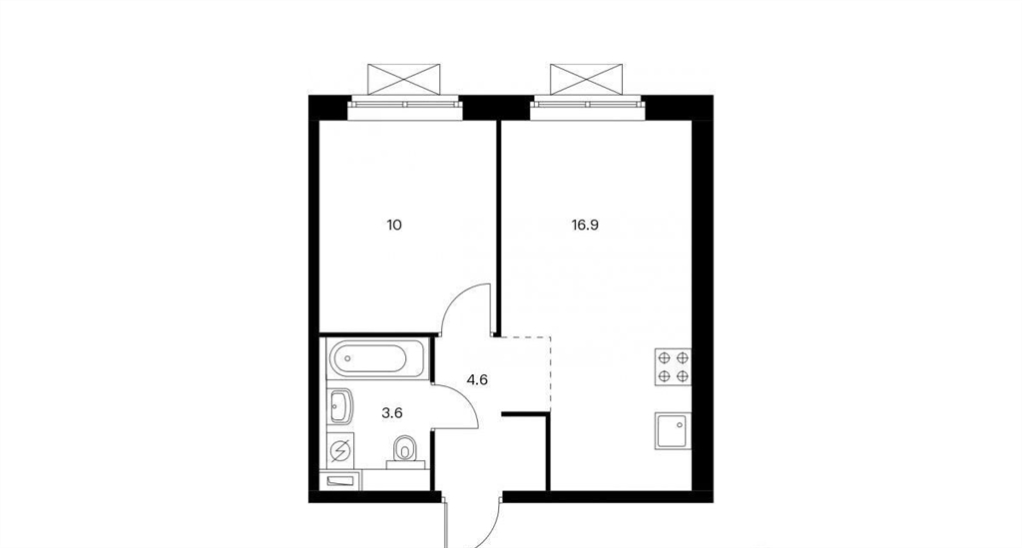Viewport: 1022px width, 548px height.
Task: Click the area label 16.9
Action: point(585,226)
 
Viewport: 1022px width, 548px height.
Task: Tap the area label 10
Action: point(394,226)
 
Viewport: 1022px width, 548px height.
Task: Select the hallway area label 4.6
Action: point(477,379)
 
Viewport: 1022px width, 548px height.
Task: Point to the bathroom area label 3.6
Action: point(391,412)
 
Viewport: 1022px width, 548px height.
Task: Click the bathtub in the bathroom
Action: point(377,358)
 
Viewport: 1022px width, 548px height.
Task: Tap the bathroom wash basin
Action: point(340,406)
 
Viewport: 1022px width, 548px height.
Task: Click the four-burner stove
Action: point(674,367)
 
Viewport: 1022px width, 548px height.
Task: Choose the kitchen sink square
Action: point(674,430)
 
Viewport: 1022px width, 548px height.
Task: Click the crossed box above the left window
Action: point(404,80)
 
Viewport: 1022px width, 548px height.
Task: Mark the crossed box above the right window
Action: point(587,80)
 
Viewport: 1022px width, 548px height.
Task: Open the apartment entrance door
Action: point(472,521)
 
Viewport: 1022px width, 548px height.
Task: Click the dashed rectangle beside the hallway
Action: point(525,374)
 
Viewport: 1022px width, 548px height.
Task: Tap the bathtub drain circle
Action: point(347,358)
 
